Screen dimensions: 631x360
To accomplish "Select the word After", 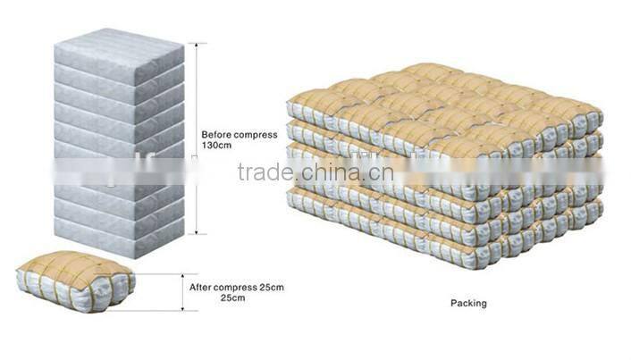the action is [200, 288].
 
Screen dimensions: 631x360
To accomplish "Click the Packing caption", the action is [468, 303].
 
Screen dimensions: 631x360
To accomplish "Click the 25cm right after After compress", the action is [268, 288].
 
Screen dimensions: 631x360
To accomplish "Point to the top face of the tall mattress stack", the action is [116, 42].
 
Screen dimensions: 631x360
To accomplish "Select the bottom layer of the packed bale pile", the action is [447, 228].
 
